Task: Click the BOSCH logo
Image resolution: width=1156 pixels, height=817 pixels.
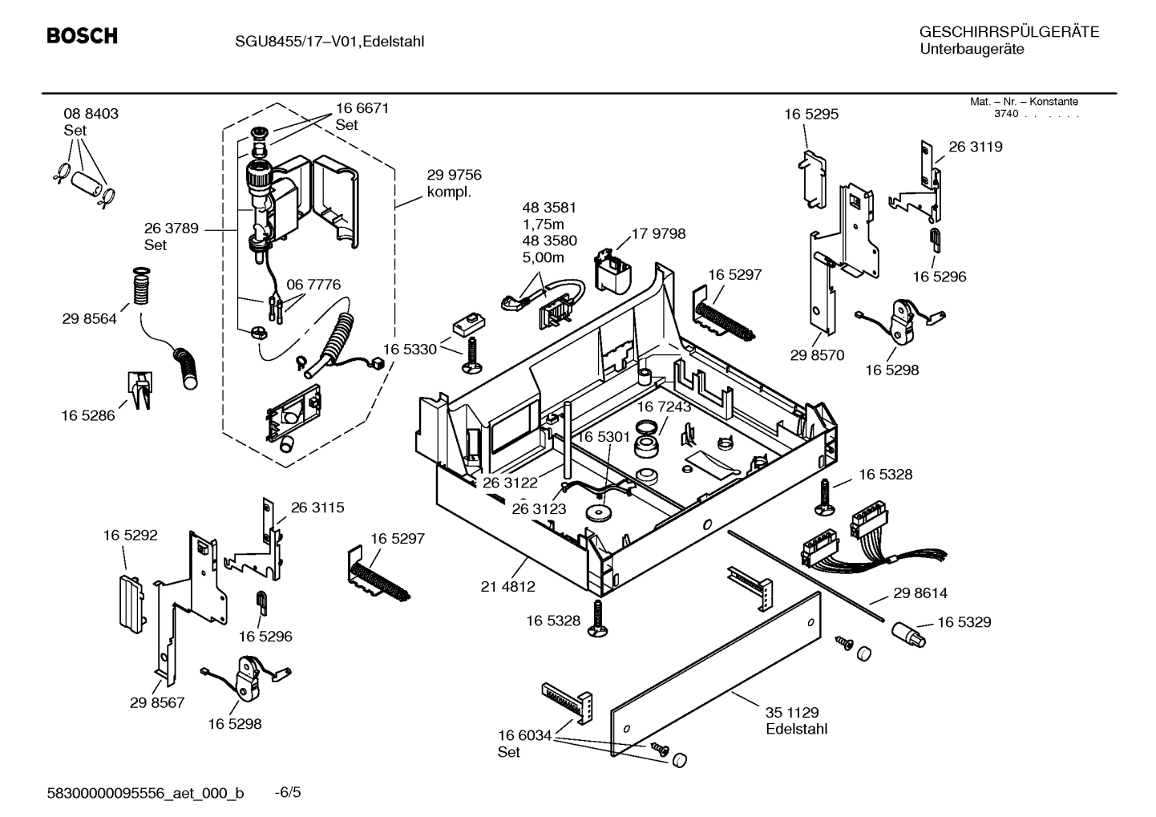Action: (x=82, y=36)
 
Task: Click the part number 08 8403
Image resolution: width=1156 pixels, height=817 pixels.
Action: (x=91, y=114)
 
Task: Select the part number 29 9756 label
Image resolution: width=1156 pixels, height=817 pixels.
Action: (x=454, y=176)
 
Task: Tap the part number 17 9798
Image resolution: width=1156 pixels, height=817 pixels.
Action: (x=658, y=234)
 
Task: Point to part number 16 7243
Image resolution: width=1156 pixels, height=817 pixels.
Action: (x=664, y=407)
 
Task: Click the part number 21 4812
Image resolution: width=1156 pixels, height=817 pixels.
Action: (x=507, y=587)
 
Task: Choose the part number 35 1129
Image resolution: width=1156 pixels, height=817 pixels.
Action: (x=791, y=713)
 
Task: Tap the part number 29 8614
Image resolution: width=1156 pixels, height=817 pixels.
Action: (x=920, y=593)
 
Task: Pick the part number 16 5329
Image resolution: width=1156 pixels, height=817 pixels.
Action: (x=964, y=622)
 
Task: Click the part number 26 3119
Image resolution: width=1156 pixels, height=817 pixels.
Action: (x=975, y=147)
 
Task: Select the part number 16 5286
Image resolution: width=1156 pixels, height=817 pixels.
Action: (x=87, y=415)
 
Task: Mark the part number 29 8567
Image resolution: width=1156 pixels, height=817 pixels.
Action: (x=157, y=703)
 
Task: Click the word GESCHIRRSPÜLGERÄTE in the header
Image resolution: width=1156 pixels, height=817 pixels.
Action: (x=1008, y=32)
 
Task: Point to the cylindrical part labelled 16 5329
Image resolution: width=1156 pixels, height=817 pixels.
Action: (x=909, y=635)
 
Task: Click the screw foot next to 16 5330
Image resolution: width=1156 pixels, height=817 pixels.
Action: (x=471, y=357)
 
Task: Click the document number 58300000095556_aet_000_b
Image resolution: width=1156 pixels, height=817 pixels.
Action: (x=145, y=794)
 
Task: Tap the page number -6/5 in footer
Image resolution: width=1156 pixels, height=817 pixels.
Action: (x=288, y=793)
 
